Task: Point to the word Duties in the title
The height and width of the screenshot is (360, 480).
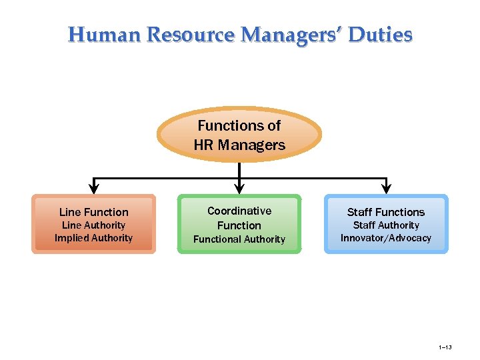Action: (x=381, y=34)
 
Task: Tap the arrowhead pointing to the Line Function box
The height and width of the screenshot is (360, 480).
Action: (x=94, y=187)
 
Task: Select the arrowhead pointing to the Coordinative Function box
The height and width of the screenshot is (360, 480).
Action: (x=239, y=187)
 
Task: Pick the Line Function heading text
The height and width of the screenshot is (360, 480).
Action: (x=94, y=212)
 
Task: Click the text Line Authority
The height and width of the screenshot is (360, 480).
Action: (x=94, y=225)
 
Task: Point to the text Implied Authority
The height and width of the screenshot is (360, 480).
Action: (x=94, y=238)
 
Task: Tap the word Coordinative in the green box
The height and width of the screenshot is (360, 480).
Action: (x=239, y=211)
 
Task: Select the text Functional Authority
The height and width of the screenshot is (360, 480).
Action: (x=239, y=239)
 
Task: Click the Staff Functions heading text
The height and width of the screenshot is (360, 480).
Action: (x=386, y=212)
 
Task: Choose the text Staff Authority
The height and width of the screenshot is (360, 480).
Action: (x=386, y=225)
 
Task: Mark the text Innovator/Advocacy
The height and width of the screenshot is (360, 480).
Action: (x=386, y=238)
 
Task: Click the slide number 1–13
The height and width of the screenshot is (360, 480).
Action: (x=445, y=347)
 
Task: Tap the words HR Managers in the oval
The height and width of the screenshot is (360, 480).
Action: (x=239, y=145)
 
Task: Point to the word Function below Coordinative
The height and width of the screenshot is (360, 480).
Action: (x=239, y=225)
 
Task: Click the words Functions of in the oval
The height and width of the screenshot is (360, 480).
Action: (x=239, y=125)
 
